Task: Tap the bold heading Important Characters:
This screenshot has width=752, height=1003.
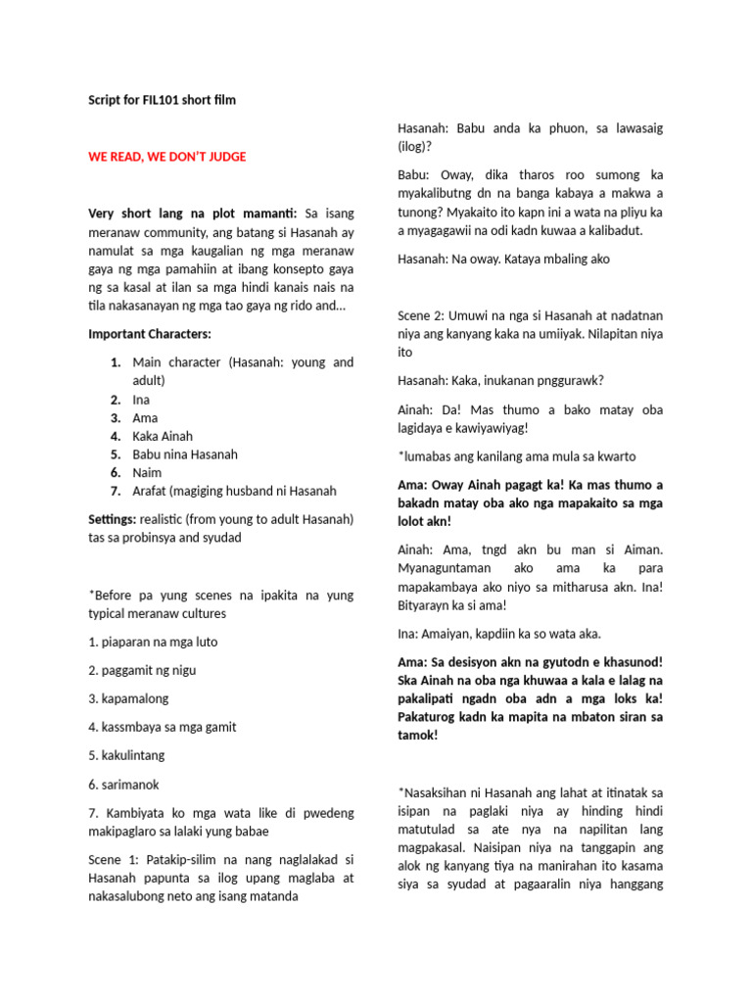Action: pos(150,335)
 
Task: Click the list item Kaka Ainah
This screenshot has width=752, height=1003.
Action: pos(163,436)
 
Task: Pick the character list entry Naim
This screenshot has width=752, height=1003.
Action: pos(147,472)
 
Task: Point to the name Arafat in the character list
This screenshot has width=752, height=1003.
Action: pos(153,491)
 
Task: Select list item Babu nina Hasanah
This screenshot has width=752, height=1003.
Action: pos(185,454)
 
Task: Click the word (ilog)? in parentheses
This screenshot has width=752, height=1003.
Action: pos(416,146)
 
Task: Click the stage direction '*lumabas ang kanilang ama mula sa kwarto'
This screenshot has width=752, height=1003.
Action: pos(516,456)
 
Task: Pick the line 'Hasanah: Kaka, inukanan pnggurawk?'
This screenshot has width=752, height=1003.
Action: pos(507,380)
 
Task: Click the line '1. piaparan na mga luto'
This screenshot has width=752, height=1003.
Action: pos(153,642)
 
